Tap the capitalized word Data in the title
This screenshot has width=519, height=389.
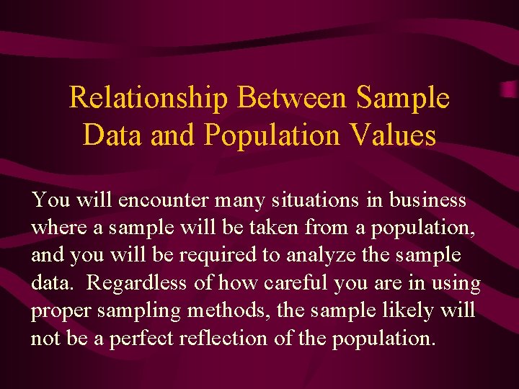coord(112,135)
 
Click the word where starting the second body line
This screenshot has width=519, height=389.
coord(60,228)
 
